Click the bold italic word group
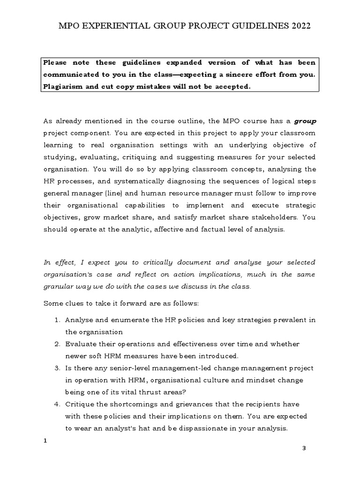pyautogui.click(x=305, y=121)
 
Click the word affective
pyautogui.click(x=150, y=229)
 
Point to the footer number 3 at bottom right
pyautogui.click(x=304, y=449)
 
